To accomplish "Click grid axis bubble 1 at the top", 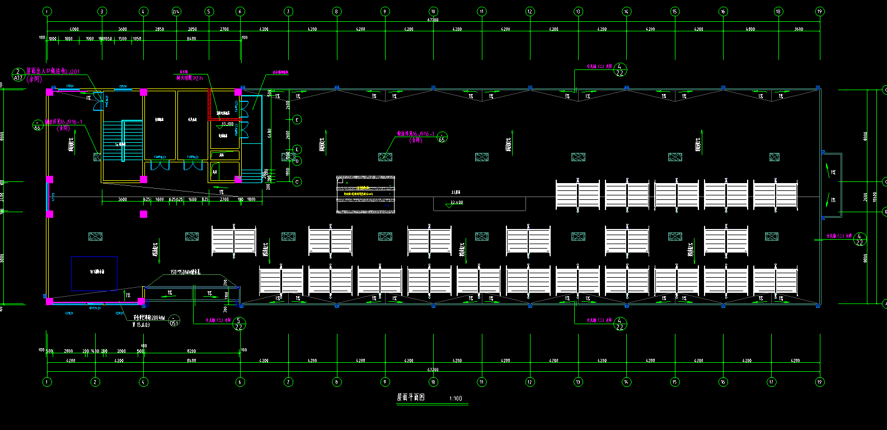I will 47,11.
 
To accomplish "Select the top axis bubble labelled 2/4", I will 176,11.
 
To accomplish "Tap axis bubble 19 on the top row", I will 820,11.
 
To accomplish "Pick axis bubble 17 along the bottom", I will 772,382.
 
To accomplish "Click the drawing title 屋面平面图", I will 411,398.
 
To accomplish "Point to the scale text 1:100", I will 456,399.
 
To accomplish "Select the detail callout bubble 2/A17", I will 18,75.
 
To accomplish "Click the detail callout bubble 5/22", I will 238,324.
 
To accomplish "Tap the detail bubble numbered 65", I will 442,137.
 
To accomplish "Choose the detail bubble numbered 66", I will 37,125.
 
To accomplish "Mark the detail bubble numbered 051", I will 174,320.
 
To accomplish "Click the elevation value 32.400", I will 457,203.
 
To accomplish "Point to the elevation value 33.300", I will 227,124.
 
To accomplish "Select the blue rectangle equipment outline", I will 94,273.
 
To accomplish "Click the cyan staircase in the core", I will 123,140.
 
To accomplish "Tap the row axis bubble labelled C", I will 297,181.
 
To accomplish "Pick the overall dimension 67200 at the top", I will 433,20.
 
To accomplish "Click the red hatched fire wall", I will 210,104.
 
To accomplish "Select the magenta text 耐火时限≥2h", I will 190,78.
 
